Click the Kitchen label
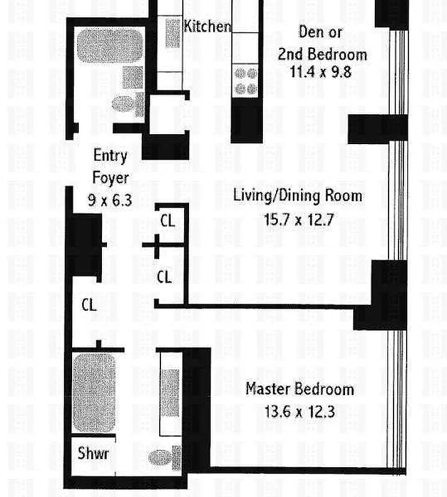point(208,26)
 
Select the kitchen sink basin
point(173,34)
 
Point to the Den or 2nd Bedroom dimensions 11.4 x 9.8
point(320,71)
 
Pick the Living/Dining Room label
point(298,195)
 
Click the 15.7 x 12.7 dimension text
point(299,219)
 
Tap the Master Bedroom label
point(300,389)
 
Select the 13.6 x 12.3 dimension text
point(300,412)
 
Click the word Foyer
point(111,178)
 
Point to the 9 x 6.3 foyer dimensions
point(110,200)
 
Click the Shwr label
point(93,454)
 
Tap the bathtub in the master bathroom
point(94,393)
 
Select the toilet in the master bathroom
point(164,458)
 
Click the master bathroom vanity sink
point(170,393)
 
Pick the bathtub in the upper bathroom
point(110,46)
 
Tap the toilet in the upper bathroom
point(128,104)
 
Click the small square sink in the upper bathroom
point(132,77)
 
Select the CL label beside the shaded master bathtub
point(89,305)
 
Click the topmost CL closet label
point(167,221)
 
